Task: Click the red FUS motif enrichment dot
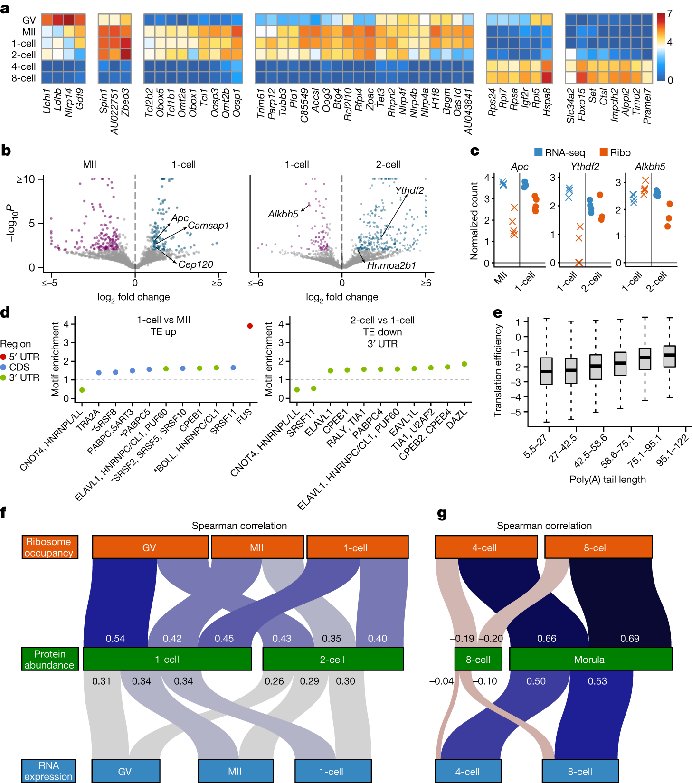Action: [250, 326]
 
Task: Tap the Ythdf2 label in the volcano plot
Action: [409, 190]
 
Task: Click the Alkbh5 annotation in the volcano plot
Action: [283, 214]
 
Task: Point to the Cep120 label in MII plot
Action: [196, 264]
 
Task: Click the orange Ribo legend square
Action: [604, 152]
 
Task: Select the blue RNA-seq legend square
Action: [538, 152]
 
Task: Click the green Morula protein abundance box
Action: [590, 659]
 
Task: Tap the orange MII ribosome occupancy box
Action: [257, 547]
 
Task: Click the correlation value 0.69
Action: [629, 639]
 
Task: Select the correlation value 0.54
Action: [115, 639]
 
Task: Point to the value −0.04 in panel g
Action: [441, 681]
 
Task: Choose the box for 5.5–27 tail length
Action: [546, 371]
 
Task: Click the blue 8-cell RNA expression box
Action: [580, 772]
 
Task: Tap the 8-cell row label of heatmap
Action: [24, 78]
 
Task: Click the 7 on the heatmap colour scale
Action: [670, 14]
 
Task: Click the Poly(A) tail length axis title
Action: [607, 480]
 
